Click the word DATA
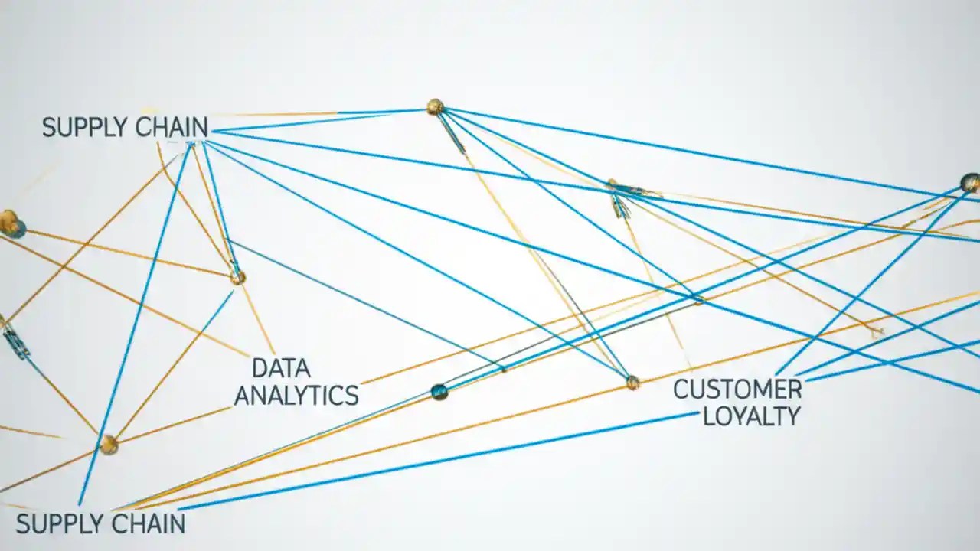[281, 368]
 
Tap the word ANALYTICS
[296, 396]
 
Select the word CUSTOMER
[737, 390]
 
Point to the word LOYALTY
[751, 416]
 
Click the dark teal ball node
[439, 392]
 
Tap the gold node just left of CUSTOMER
[632, 382]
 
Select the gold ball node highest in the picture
[435, 106]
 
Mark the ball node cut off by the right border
[970, 182]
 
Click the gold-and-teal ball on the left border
[10, 223]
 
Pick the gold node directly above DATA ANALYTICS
[237, 277]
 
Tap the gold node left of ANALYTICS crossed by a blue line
[109, 444]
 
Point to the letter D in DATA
[259, 368]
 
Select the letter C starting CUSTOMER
[681, 390]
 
